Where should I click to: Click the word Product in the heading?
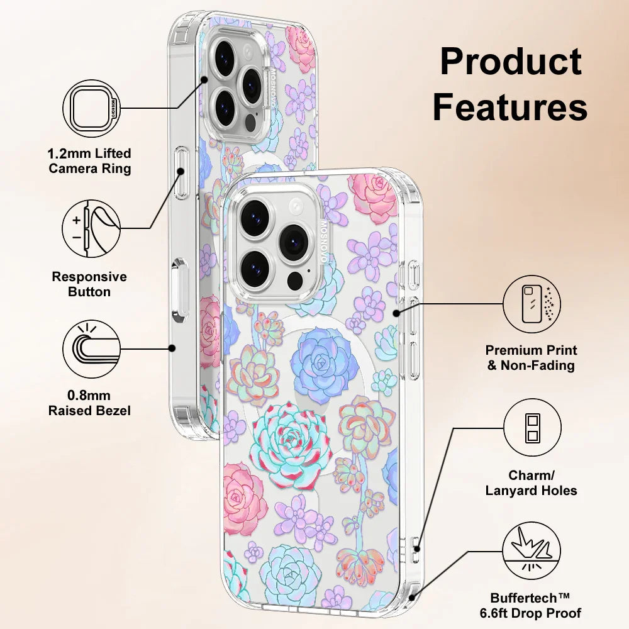[510, 63]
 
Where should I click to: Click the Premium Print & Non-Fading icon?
[532, 304]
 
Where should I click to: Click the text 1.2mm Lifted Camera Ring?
[90, 161]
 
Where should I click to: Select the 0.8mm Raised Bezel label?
[90, 403]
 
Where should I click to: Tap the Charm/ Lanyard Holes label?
[532, 483]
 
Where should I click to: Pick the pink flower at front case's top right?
[374, 196]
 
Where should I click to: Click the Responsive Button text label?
[89, 284]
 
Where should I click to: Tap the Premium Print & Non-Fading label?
[532, 357]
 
